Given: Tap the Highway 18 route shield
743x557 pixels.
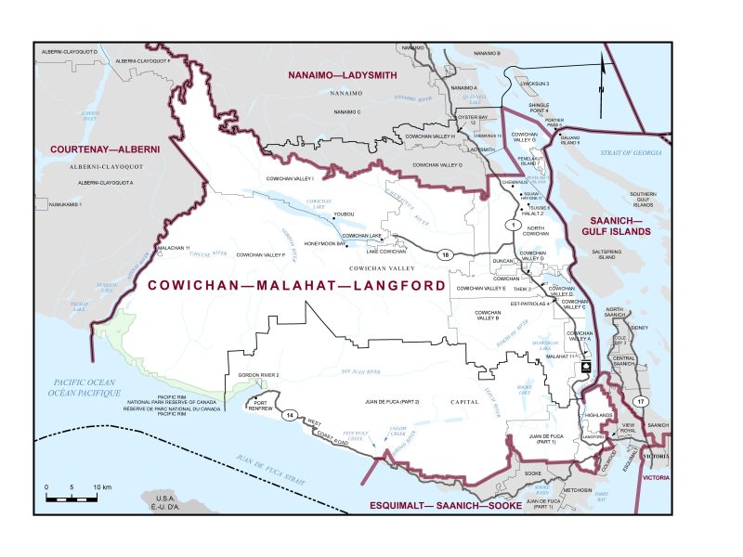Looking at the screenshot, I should click(x=445, y=254).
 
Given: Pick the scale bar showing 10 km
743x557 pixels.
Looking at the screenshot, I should click(x=72, y=497).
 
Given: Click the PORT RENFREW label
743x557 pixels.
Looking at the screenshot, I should click(x=261, y=406).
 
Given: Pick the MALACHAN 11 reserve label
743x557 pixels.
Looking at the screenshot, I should click(x=175, y=249).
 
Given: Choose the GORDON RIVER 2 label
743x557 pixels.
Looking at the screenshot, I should click(x=258, y=375).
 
